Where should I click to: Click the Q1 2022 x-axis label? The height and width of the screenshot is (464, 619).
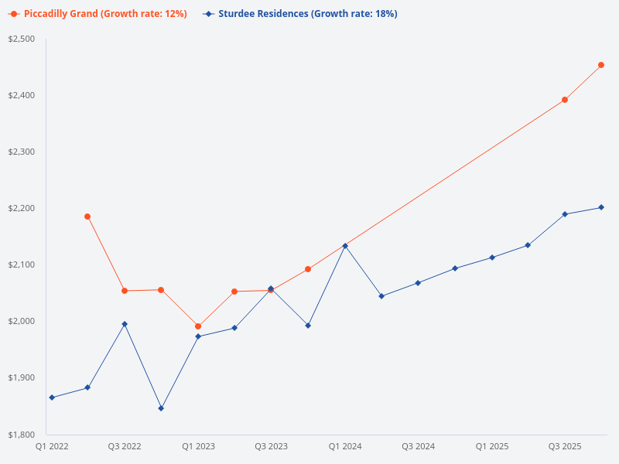51,446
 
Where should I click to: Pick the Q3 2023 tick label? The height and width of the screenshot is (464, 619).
272,446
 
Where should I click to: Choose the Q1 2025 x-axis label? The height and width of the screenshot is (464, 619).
492,446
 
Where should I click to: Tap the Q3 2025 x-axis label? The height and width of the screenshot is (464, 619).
565,446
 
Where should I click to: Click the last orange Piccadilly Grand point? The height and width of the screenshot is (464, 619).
601,65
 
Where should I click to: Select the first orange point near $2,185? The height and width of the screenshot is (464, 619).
87,217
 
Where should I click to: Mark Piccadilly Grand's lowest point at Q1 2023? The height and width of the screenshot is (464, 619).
198,326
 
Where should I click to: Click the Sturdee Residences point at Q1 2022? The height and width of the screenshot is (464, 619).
51,397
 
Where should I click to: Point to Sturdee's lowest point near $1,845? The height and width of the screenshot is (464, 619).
161,408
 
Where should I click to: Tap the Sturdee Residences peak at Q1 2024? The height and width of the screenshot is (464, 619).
345,246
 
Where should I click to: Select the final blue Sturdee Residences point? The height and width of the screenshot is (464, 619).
601,207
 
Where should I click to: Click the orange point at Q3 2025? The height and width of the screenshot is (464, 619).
565,100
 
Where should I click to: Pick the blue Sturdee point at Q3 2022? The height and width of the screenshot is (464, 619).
125,324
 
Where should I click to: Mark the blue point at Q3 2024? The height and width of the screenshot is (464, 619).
418,283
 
